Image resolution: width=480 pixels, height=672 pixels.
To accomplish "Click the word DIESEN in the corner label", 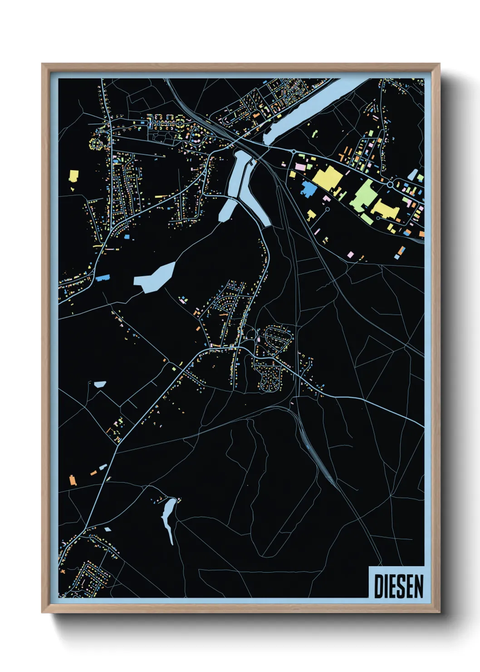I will pyautogui.click(x=398, y=586).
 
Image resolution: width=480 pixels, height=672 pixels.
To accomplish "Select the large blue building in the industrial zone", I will pyautogui.click(x=309, y=188).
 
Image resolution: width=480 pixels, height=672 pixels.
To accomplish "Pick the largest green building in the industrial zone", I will pyautogui.click(x=363, y=196).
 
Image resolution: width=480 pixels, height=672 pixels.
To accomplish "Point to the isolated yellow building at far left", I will pyautogui.click(x=73, y=175).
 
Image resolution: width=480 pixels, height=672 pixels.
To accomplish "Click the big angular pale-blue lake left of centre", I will pyautogui.click(x=155, y=277).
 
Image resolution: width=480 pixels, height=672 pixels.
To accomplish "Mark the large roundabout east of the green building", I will pyautogui.click(x=390, y=185).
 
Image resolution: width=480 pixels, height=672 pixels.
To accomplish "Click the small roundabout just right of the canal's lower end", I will pyautogui.click(x=294, y=152).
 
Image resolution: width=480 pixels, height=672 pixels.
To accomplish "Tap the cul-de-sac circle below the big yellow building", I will pyautogui.click(x=328, y=210).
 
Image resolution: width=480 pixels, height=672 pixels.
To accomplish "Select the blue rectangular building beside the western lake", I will pyautogui.click(x=103, y=278).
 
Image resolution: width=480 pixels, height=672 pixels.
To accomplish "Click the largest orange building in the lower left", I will pyautogui.click(x=72, y=480).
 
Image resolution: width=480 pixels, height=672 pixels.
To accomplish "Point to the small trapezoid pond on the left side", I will pyautogui.click(x=100, y=384).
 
